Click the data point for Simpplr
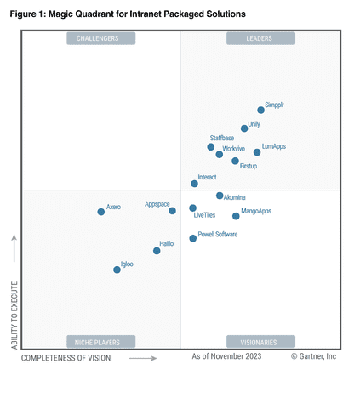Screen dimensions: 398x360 260,110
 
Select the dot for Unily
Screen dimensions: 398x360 244,128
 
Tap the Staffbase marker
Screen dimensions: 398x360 210,147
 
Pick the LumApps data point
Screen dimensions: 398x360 257,152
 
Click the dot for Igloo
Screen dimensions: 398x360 117,270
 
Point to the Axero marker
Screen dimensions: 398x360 100,212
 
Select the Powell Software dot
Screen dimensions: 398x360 192,238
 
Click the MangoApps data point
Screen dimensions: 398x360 236,216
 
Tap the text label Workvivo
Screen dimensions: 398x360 234,148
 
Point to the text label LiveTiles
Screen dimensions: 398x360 204,216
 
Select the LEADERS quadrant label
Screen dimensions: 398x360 260,38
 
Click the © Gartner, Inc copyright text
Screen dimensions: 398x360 313,357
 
